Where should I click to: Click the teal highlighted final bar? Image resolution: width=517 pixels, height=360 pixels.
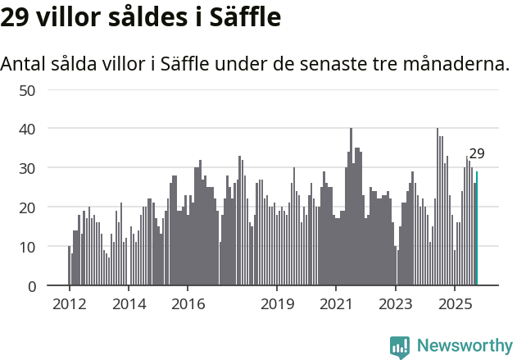pyautogui.click(x=477, y=229)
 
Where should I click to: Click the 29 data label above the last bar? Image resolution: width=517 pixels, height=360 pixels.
pyautogui.click(x=477, y=153)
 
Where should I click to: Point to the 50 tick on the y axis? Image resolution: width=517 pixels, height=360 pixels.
pyautogui.click(x=27, y=89)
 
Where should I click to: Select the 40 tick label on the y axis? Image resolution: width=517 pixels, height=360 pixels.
pyautogui.click(x=27, y=129)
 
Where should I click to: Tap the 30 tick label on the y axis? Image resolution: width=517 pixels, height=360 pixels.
pyautogui.click(x=27, y=168)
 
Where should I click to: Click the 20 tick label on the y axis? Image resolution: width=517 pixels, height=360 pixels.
pyautogui.click(x=27, y=207)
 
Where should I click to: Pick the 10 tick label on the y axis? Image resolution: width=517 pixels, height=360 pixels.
pyautogui.click(x=27, y=247)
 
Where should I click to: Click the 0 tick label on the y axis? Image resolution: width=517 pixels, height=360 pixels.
pyautogui.click(x=31, y=286)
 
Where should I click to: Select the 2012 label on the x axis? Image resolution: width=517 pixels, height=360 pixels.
pyautogui.click(x=69, y=304)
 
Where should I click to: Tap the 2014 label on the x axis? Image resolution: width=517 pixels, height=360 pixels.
pyautogui.click(x=129, y=304)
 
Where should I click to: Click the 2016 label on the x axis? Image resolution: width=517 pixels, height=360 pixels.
pyautogui.click(x=188, y=304)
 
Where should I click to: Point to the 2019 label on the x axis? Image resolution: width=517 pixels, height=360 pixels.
pyautogui.click(x=277, y=304)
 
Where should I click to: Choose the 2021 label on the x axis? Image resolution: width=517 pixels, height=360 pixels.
pyautogui.click(x=336, y=304)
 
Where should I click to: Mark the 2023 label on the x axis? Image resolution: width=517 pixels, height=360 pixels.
pyautogui.click(x=396, y=304)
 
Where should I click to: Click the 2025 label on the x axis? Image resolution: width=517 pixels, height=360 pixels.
pyautogui.click(x=455, y=304)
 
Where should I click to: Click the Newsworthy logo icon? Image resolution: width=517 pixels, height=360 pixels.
pyautogui.click(x=399, y=346)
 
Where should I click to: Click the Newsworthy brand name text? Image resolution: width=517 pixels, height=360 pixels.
pyautogui.click(x=464, y=346)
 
